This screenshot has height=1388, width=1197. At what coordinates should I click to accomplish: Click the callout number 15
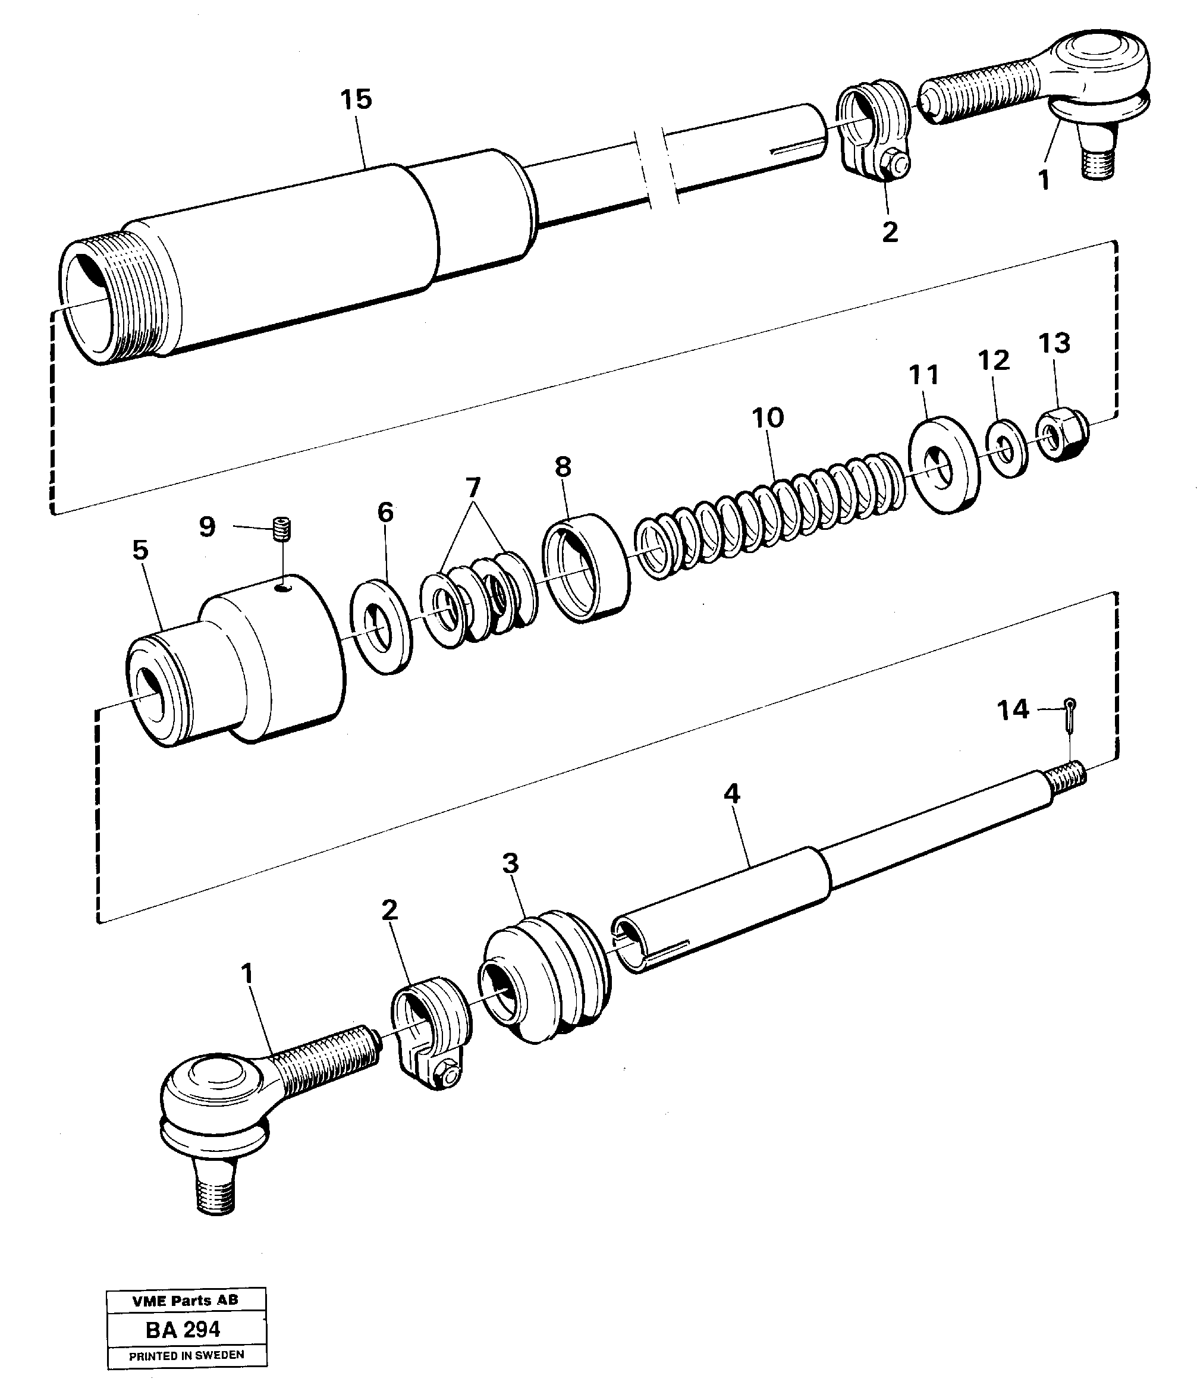356,100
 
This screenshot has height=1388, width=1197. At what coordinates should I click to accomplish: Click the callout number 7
473,487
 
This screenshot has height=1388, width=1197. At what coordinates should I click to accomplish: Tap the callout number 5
140,550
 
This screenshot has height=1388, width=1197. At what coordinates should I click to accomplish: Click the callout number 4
731,794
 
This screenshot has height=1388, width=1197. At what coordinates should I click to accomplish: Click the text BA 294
183,1329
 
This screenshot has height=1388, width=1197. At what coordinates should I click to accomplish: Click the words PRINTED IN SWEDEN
186,1355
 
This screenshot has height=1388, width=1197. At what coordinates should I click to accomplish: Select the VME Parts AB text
186,1300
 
